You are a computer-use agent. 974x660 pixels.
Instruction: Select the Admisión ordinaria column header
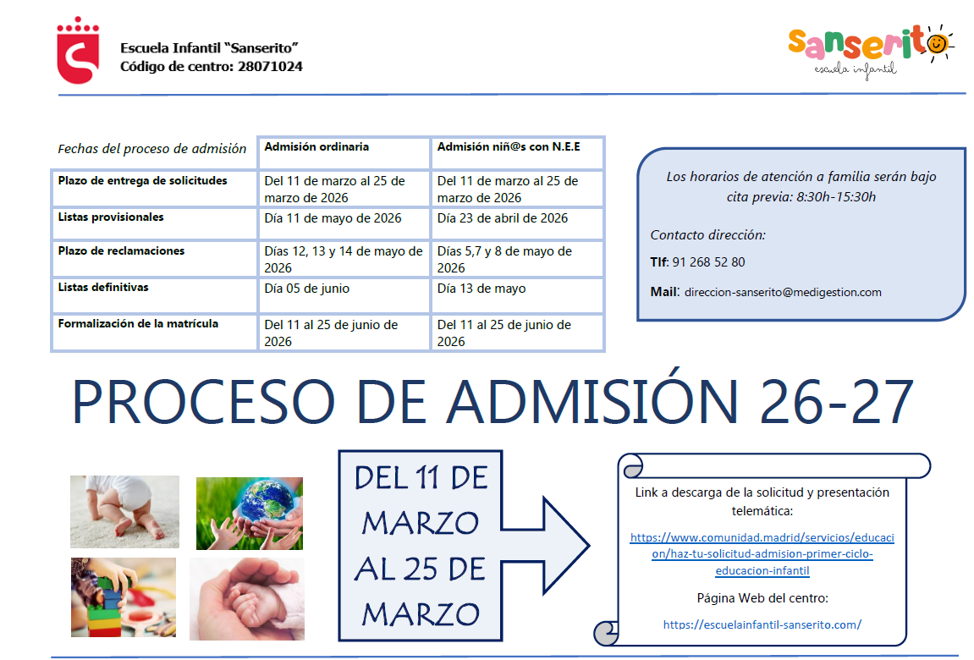(316, 147)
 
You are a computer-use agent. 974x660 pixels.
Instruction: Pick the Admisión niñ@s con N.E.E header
(509, 147)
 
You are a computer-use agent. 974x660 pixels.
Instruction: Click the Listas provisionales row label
(111, 217)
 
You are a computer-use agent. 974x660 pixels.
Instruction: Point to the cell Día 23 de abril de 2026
(502, 218)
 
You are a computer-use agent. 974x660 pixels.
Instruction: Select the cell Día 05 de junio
(306, 289)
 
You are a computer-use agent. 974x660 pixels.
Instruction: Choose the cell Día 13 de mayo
(481, 289)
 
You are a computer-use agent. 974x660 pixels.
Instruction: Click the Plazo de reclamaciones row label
(121, 251)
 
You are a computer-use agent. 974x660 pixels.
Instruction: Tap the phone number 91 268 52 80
(708, 262)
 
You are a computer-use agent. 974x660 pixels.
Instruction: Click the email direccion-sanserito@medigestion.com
(783, 292)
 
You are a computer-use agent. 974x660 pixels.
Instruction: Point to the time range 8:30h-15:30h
(836, 197)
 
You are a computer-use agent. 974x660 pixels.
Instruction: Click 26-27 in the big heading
(836, 403)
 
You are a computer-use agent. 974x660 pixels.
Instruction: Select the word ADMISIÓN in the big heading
(592, 403)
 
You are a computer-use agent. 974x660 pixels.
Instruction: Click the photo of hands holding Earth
(249, 513)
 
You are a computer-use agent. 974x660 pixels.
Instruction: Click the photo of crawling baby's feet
(124, 512)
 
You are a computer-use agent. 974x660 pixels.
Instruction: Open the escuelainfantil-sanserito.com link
(762, 624)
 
